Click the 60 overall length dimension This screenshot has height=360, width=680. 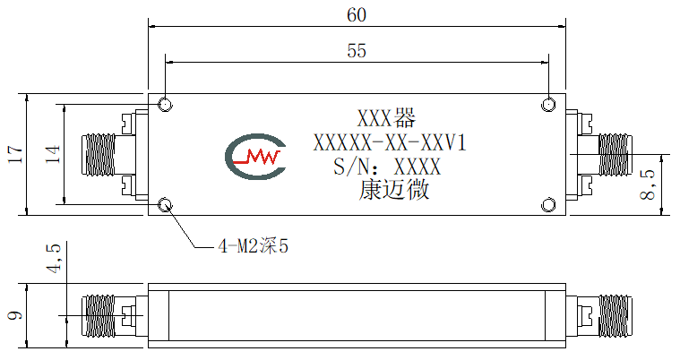[357, 15]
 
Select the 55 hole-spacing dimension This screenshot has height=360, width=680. [357, 51]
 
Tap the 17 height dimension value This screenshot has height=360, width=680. [15, 154]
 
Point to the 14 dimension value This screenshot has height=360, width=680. [53, 154]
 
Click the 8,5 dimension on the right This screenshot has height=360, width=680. [648, 184]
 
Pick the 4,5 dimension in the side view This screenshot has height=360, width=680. [54, 259]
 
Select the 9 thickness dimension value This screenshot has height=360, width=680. [15, 315]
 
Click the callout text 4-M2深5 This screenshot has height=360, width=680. [254, 246]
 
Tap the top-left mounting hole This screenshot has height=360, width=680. [165, 105]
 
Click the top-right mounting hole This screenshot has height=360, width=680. [548, 105]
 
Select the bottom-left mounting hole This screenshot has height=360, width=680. [165, 205]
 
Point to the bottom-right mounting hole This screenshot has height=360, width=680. [548, 205]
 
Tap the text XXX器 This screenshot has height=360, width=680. [386, 118]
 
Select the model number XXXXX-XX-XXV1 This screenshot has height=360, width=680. [390, 142]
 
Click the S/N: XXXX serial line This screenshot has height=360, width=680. [387, 167]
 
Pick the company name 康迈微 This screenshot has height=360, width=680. [394, 191]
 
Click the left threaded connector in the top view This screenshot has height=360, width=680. [99, 155]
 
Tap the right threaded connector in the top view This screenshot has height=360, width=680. [615, 155]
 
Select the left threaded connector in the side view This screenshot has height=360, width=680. [99, 316]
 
